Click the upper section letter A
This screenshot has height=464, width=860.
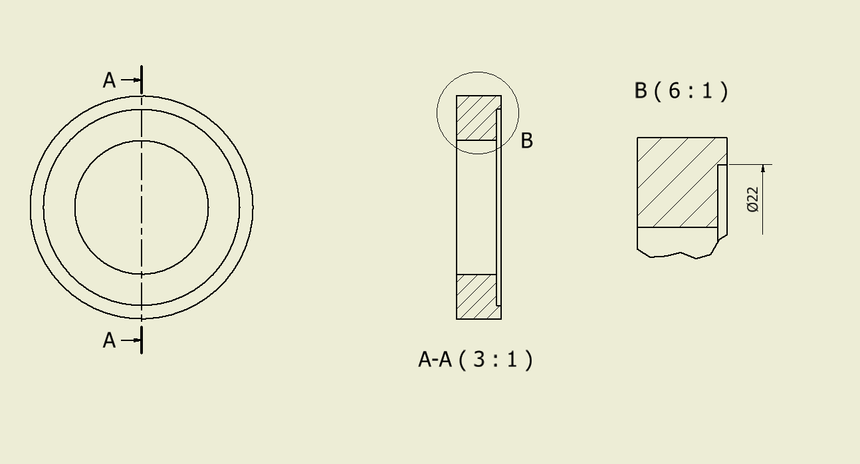tap(109, 80)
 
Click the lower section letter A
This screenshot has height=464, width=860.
tap(109, 340)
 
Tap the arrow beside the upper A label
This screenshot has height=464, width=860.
tap(132, 80)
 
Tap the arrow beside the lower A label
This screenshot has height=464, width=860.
tap(132, 340)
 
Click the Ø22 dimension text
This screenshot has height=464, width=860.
tap(753, 199)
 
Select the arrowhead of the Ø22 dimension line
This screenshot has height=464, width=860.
tap(763, 169)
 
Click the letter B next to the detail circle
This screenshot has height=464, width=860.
tap(526, 141)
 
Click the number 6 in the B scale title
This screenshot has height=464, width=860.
tap(675, 90)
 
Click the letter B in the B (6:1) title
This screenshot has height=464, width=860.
tap(641, 90)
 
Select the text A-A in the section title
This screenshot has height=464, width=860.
tap(435, 360)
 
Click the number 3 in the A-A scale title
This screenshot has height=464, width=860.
tap(479, 360)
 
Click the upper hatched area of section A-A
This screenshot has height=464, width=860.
tap(475, 118)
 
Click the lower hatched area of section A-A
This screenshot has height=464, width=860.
tap(475, 296)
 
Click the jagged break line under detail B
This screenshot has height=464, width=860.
tap(678, 255)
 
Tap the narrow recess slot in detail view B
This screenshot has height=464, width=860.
tap(722, 196)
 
